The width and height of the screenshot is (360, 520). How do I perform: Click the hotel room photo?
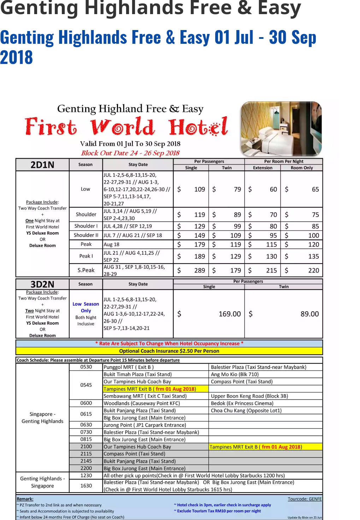coord(281,129)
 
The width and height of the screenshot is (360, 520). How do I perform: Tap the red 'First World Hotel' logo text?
coord(126,127)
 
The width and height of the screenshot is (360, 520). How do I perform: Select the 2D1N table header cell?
coord(42,165)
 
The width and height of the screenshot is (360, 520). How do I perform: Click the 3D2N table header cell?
coord(42,284)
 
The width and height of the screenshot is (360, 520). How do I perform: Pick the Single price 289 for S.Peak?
coord(199,271)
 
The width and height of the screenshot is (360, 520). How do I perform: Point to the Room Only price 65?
coord(315,189)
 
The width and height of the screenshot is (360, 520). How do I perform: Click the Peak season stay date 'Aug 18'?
coord(112,244)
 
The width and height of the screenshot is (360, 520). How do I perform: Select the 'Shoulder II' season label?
coord(86,235)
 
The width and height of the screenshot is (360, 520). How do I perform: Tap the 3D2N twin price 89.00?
coord(309,314)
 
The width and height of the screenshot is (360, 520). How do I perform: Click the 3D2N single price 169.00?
coord(230,314)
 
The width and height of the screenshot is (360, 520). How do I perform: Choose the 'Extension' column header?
coord(262,168)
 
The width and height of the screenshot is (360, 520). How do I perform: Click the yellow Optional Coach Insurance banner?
coord(169,351)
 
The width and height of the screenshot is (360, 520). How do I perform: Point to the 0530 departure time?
coord(86,367)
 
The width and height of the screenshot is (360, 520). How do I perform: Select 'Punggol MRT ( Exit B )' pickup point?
coord(129,367)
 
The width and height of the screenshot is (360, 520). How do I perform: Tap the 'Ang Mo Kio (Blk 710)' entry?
coord(235,374)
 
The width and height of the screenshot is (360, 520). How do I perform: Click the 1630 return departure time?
coord(86,486)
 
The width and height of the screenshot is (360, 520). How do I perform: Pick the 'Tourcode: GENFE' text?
coord(305,499)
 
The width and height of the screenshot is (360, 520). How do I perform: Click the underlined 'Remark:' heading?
coord(25,499)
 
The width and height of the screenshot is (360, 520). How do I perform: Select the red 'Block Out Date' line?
coord(130,153)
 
